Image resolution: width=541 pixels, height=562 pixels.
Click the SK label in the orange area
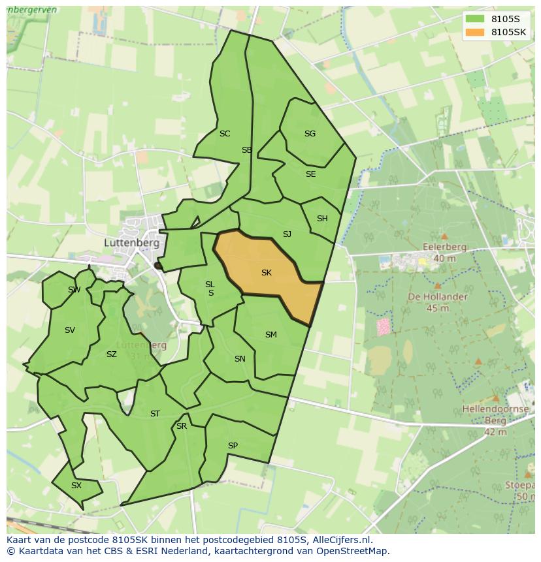tap(266, 273)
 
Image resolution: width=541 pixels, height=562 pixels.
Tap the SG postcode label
tap(310, 134)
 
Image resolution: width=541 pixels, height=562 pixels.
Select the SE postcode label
tap(310, 174)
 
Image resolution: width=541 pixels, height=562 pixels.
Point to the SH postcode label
tap(322, 219)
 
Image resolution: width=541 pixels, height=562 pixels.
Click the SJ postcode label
tap(287, 234)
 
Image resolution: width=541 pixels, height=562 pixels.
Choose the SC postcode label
tap(225, 134)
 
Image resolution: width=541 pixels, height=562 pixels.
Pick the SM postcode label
tap(270, 335)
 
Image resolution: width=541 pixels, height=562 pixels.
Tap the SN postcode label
tap(240, 359)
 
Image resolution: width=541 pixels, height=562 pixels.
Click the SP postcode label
tap(233, 446)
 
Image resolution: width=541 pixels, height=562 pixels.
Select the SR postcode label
tap(182, 426)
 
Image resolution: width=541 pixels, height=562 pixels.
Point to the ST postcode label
tap(155, 414)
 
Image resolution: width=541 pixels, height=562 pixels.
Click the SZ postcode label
tap(112, 354)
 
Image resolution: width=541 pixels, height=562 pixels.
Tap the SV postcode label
tap(70, 330)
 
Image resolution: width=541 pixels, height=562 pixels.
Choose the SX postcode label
tap(76, 486)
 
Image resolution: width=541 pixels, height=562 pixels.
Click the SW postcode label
tap(74, 290)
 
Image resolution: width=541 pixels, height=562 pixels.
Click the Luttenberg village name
tap(132, 242)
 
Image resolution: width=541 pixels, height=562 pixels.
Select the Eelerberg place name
tap(445, 247)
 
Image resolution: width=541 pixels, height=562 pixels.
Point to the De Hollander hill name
tap(437, 296)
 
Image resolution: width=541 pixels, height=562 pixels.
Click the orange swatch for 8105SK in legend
tap(475, 32)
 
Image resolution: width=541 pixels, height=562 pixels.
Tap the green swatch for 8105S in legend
tap(475, 18)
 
